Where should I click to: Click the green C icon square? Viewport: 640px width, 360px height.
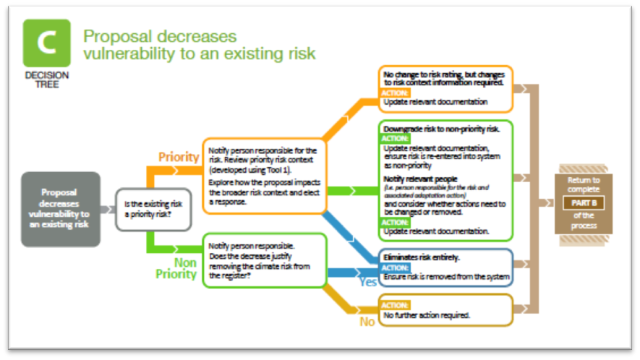pyautogui.click(x=47, y=43)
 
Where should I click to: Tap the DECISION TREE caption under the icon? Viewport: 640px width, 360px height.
pyautogui.click(x=46, y=80)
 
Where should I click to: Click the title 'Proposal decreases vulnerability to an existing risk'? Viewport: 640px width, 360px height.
pyautogui.click(x=199, y=45)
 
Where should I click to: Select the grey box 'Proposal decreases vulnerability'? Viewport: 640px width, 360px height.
pyautogui.click(x=60, y=209)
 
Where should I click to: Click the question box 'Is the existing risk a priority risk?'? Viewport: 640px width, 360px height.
pyautogui.click(x=152, y=209)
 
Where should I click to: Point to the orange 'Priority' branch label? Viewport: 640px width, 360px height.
pyautogui.click(x=179, y=156)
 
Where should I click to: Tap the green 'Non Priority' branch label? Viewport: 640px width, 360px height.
pyautogui.click(x=176, y=268)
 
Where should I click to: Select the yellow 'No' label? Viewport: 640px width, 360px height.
pyautogui.click(x=368, y=322)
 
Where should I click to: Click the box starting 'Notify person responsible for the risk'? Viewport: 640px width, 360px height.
pyautogui.click(x=264, y=176)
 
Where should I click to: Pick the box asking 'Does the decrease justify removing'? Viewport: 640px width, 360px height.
pyautogui.click(x=264, y=260)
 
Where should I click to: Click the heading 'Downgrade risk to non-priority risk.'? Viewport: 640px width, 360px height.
pyautogui.click(x=441, y=129)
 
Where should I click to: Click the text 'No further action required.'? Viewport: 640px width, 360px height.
pyautogui.click(x=427, y=315)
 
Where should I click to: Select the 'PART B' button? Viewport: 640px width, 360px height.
pyautogui.click(x=583, y=203)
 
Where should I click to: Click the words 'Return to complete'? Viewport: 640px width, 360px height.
pyautogui.click(x=583, y=185)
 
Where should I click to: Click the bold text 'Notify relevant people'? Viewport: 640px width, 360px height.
pyautogui.click(x=421, y=178)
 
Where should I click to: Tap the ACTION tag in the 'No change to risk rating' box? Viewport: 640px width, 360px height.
pyautogui.click(x=395, y=93)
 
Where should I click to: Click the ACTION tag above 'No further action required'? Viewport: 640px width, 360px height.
pyautogui.click(x=395, y=305)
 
